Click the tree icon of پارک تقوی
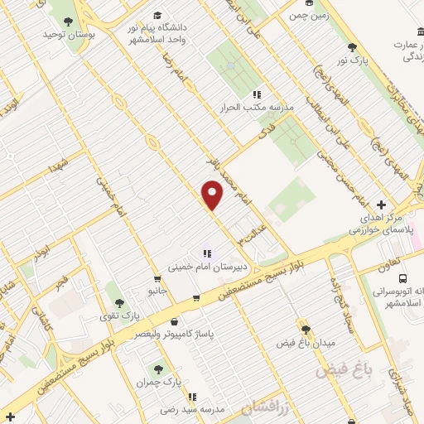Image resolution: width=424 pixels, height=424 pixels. point(119,304)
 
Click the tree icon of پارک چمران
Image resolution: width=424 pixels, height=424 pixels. point(157,368)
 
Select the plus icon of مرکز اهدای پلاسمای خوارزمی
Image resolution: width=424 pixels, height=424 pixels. point(381,204)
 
